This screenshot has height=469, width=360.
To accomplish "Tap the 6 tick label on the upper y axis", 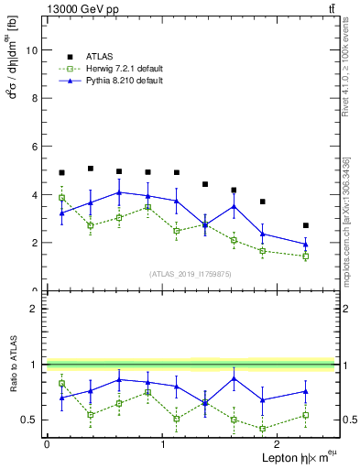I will point(35,147).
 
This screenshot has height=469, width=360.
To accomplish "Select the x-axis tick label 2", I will point(278,443).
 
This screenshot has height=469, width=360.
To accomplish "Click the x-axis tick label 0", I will point(47,443).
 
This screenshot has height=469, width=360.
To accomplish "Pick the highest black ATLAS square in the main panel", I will point(91,169).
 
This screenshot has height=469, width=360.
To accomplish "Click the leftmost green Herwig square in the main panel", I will point(61,198).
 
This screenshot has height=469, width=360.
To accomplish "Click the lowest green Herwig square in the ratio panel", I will point(263,429).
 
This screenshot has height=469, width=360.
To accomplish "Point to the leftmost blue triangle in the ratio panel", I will point(61,398).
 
